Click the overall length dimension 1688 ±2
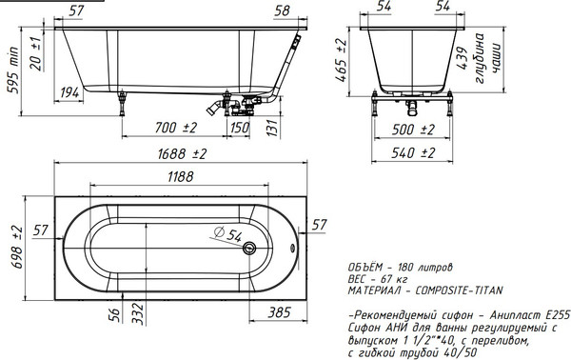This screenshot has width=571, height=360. pos(182,153)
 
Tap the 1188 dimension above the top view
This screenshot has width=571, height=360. pos(181,177)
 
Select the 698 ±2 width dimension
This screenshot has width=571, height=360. pos(18,248)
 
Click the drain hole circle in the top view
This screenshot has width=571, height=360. pos(249,249)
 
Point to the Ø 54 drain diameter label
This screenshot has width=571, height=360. pos(227,233)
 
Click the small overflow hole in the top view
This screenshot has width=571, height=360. pos(292,249)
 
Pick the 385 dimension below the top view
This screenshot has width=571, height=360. pos(279,312)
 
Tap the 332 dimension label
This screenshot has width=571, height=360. pos(138,313)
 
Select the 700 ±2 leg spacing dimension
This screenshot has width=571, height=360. pos(176,128)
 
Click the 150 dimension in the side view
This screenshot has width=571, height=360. pos(240,128)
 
